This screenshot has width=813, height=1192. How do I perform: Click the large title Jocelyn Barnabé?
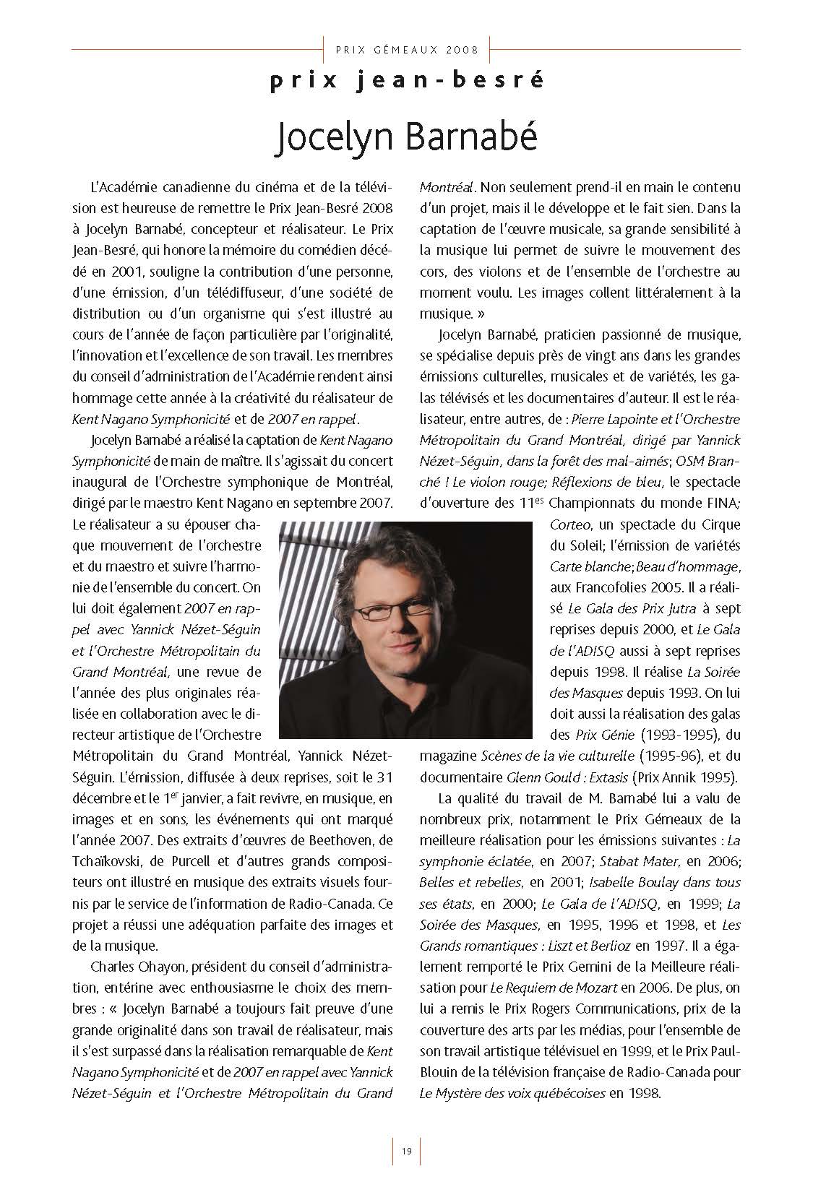407,137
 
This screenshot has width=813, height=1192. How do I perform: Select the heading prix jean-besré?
406,81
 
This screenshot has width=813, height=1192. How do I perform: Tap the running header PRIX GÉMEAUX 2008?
407,50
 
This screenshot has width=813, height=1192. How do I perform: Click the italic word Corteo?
571,523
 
